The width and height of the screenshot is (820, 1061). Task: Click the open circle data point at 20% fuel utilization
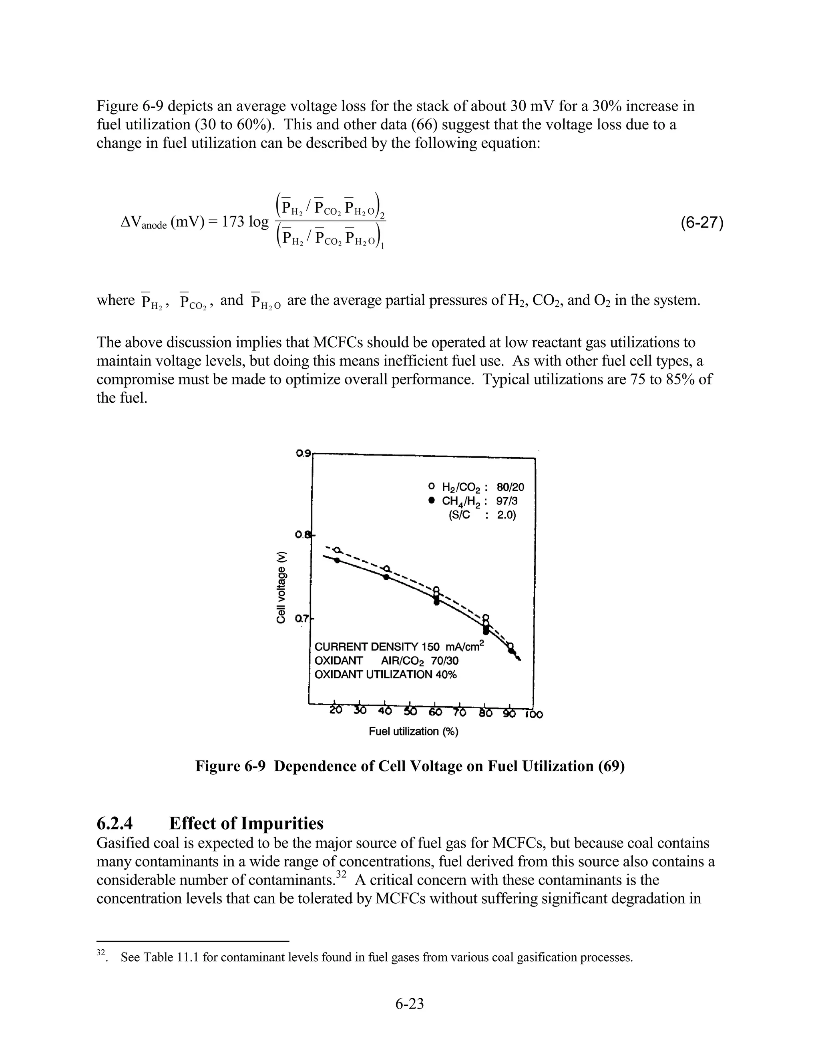pos(337,550)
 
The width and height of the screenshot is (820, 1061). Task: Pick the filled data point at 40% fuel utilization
pos(386,577)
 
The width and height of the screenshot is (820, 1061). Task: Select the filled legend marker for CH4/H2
pos(431,500)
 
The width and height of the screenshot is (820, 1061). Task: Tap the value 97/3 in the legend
pos(506,501)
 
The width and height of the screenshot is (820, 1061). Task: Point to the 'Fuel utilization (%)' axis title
pos(413,731)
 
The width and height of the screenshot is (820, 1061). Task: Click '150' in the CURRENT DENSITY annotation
pos(430,647)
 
